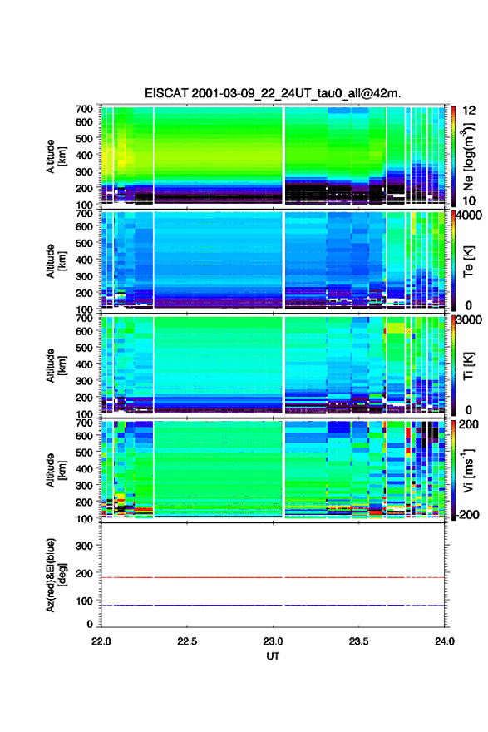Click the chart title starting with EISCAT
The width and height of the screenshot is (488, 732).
273,93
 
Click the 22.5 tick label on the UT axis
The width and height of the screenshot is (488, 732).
187,641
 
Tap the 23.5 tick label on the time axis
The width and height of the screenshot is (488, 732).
359,641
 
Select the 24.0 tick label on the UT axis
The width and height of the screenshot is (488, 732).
445,641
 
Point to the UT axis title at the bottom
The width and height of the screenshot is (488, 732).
273,656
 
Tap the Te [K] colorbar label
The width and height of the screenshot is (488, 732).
468,261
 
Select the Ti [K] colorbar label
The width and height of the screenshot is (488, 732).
468,365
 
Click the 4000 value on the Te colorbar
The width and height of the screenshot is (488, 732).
470,215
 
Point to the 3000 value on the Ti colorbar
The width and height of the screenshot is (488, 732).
470,320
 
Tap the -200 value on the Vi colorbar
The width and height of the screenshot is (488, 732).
466,514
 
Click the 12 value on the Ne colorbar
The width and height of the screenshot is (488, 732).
470,111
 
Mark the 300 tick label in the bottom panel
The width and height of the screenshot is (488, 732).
84,546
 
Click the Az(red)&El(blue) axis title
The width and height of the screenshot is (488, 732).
56,575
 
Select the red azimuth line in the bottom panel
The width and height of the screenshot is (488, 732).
273,577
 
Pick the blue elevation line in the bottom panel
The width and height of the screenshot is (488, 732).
273,605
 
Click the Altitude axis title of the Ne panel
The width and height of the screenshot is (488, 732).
56,156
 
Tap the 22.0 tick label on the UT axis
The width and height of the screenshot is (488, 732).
101,641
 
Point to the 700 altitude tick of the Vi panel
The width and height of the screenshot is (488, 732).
84,423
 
